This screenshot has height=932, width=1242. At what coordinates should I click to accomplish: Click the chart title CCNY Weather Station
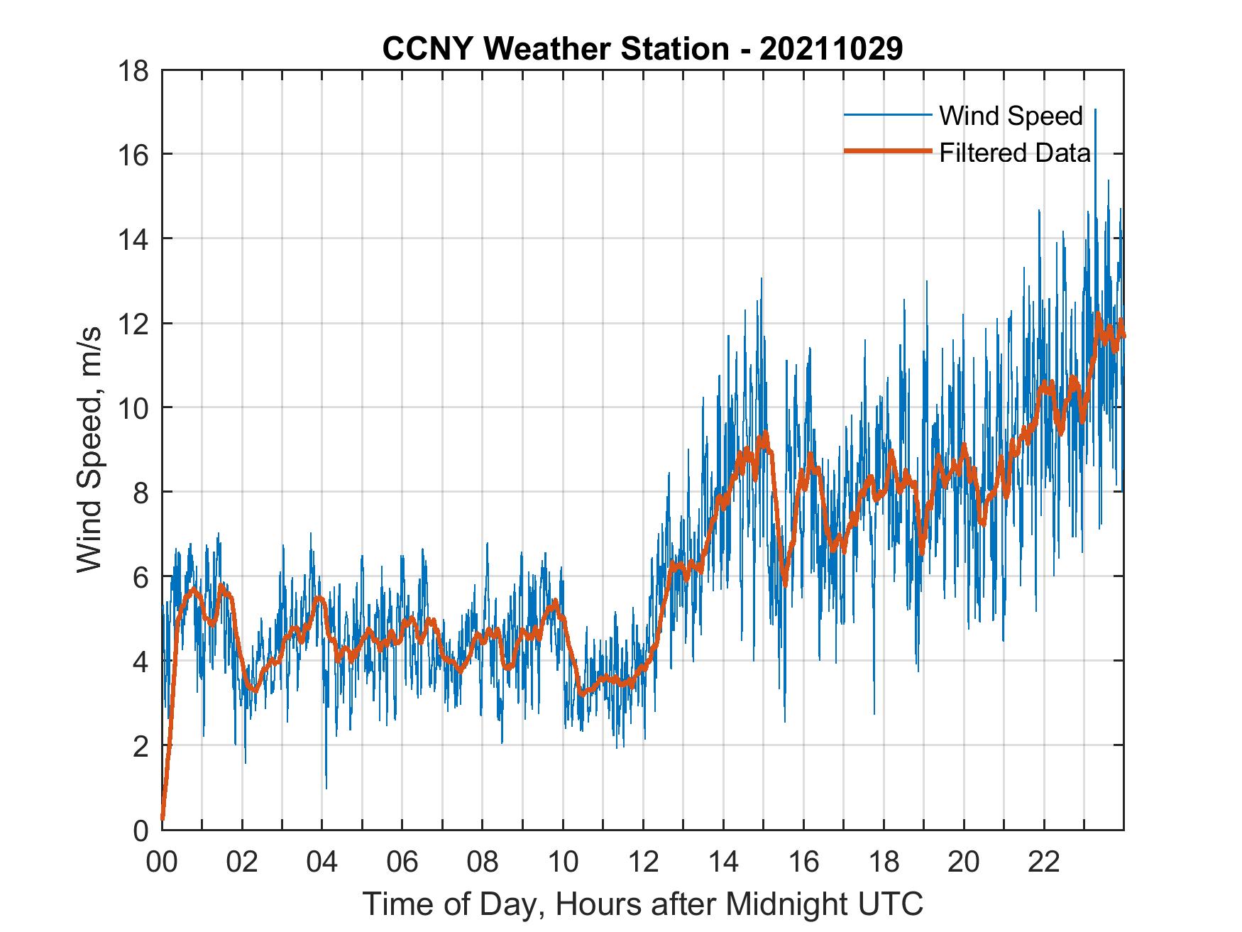642,48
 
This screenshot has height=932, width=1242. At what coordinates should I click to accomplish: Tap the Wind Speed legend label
1011,116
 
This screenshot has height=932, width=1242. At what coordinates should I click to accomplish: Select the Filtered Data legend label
1015,153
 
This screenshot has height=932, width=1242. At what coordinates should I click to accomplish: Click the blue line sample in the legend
887,115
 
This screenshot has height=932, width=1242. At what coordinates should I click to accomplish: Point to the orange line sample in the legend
887,151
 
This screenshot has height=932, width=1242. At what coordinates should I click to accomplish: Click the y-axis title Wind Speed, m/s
90,449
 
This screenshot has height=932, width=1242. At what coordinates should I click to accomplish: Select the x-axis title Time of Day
642,904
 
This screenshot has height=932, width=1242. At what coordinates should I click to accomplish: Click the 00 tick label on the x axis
162,862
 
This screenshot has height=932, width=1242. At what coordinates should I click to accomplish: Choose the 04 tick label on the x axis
322,862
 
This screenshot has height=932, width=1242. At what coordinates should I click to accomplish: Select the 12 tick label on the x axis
643,862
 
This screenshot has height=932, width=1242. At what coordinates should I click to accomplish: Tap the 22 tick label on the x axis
1044,862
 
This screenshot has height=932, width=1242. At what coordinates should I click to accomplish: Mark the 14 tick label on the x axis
723,862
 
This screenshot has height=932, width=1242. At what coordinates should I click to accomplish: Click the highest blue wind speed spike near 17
1095,110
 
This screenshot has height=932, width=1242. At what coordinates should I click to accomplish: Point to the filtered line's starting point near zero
163,818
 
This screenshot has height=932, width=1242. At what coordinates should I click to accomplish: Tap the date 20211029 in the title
831,48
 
